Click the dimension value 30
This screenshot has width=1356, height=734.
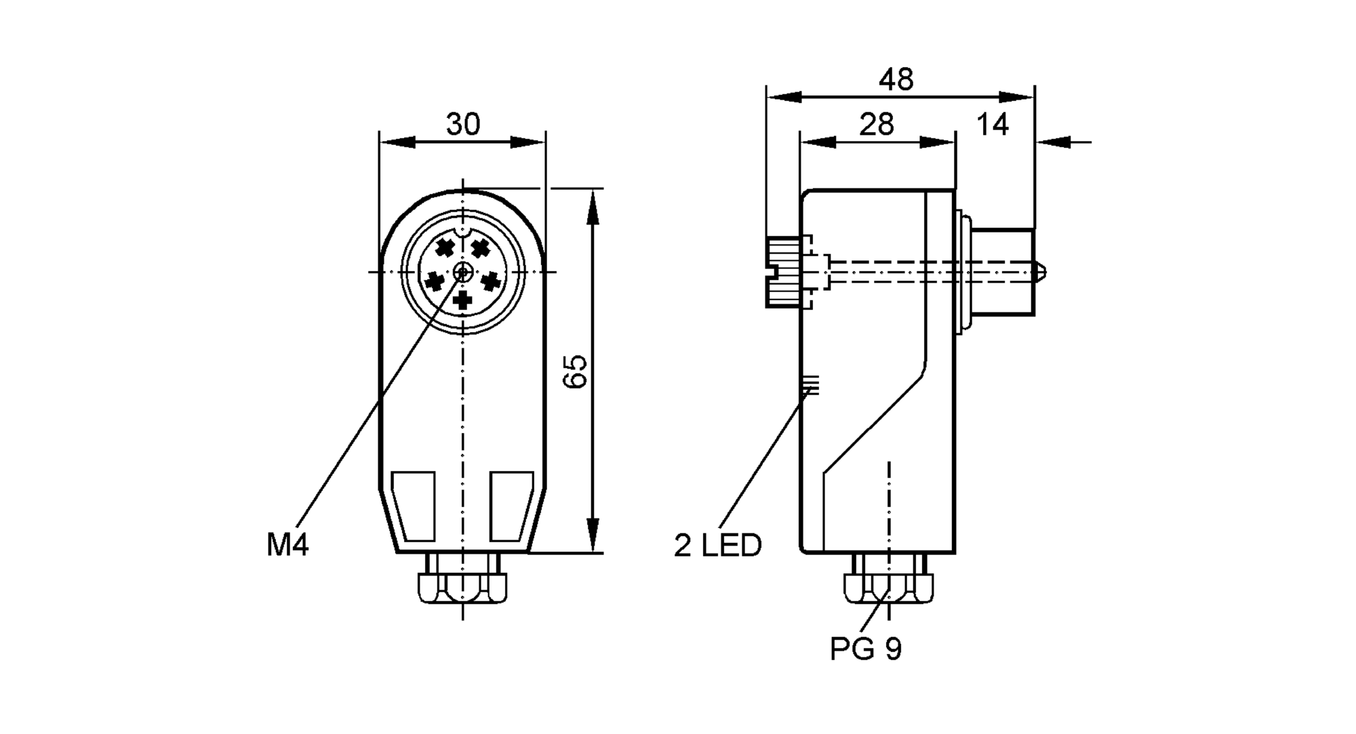(463, 125)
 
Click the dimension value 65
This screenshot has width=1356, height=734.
(575, 371)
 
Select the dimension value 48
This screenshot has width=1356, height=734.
(896, 80)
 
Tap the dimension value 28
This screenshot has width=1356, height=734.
(877, 125)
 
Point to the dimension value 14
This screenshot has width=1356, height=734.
(993, 125)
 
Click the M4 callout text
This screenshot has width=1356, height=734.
(287, 545)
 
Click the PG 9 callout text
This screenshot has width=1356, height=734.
(866, 649)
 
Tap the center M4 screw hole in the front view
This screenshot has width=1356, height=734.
(463, 272)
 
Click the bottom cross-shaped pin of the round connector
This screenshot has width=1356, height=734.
(463, 299)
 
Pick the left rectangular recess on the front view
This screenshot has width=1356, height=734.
(414, 506)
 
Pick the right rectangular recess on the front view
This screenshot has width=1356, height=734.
(511, 506)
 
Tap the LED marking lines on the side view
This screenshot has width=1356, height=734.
(810, 386)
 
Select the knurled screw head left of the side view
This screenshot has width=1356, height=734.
(784, 272)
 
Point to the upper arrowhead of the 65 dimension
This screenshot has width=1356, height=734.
(593, 206)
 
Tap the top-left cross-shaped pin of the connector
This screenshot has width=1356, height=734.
(444, 247)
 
